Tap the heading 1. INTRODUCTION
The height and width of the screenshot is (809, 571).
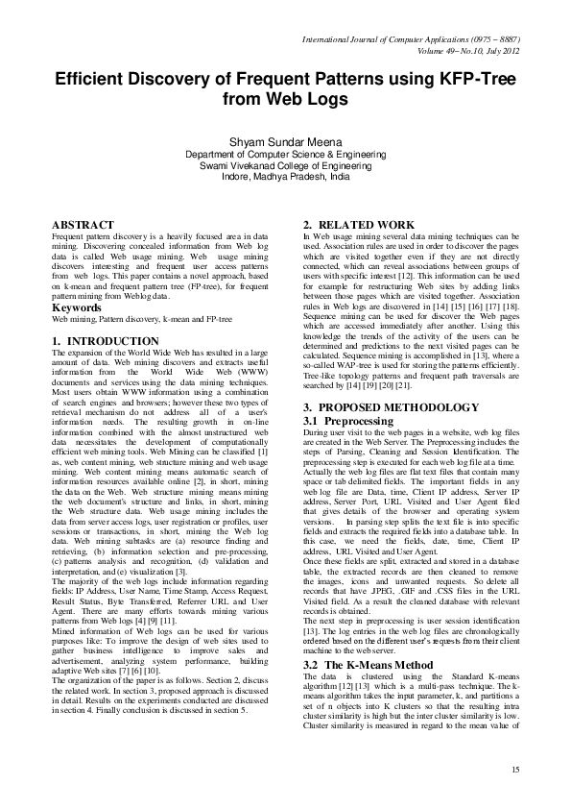(x=105, y=341)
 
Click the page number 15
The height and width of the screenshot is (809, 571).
(x=514, y=770)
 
